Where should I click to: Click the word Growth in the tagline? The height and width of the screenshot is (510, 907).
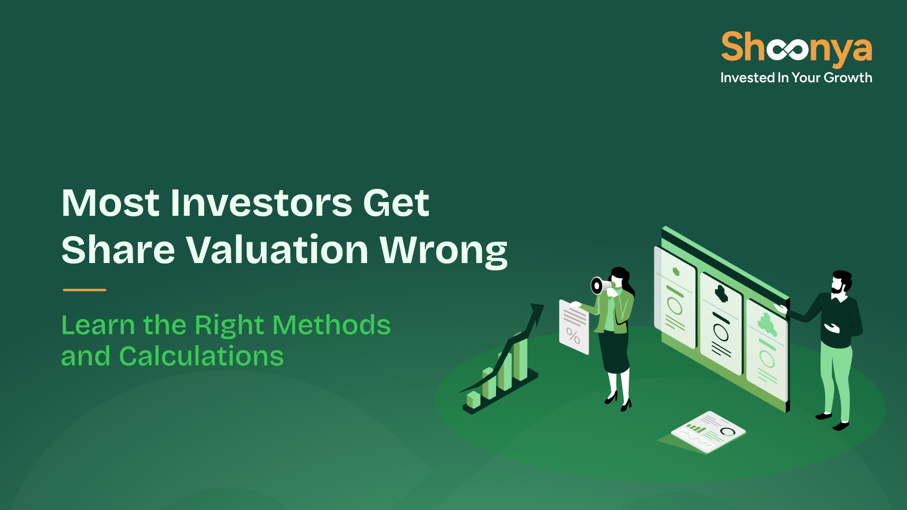(848, 77)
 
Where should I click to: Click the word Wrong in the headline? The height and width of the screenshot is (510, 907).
(444, 251)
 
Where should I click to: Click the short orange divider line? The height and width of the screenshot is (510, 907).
(85, 290)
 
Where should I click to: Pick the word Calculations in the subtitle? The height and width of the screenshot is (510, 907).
(201, 356)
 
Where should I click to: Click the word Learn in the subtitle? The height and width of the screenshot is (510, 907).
(98, 325)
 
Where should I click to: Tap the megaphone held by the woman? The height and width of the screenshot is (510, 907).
(600, 285)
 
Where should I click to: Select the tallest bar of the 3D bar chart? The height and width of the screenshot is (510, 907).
(520, 357)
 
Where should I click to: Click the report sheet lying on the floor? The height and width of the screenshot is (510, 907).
(708, 432)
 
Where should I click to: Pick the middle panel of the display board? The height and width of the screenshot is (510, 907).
(721, 324)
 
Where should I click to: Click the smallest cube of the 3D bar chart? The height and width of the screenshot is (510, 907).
(473, 399)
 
